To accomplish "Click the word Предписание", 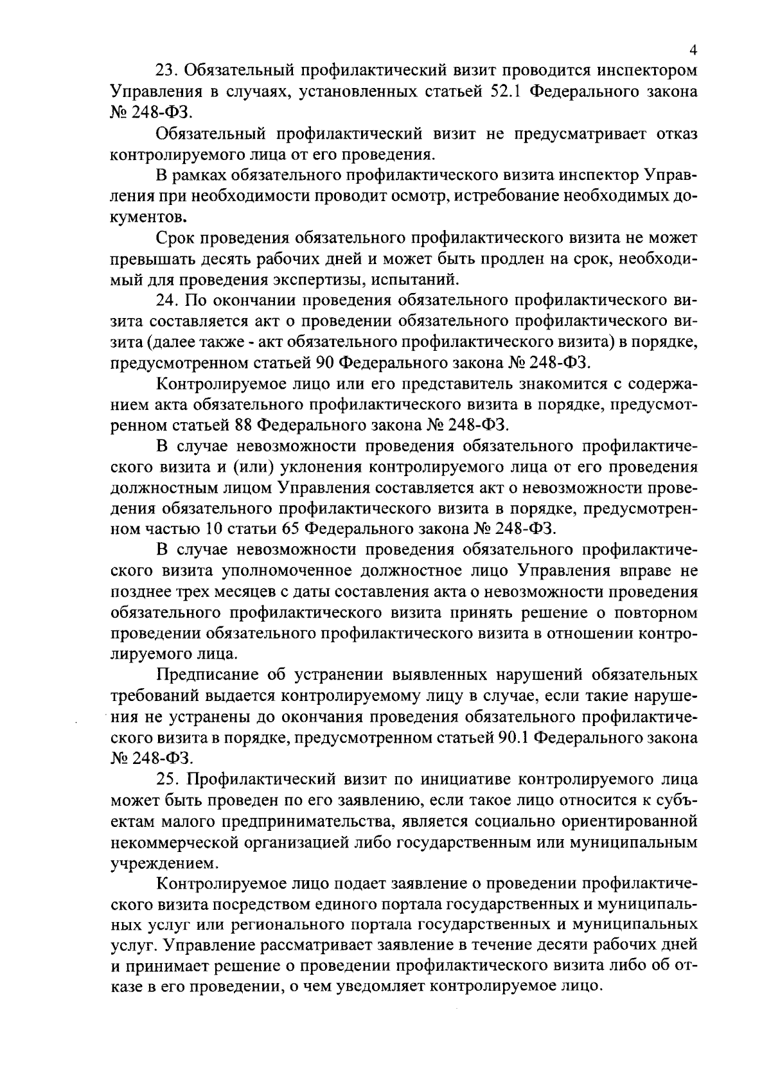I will pyautogui.click(x=211, y=675).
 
